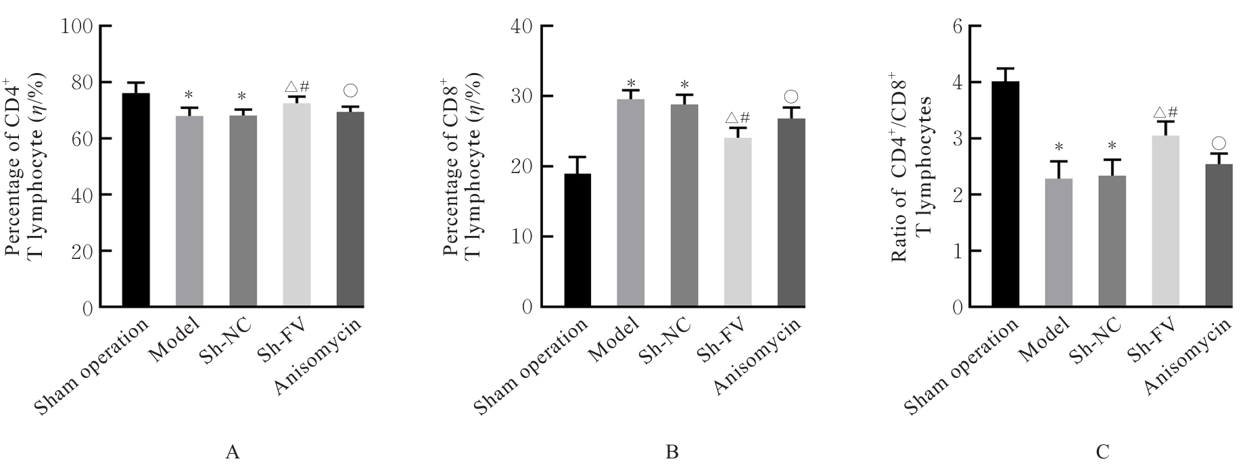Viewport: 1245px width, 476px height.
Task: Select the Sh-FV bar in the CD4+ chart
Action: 297,206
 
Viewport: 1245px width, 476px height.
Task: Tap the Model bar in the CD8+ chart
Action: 630,203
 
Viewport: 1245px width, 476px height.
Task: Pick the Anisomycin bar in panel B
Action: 791,212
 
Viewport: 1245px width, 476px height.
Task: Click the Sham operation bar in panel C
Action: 1005,194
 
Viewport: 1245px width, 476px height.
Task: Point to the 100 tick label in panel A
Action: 76,26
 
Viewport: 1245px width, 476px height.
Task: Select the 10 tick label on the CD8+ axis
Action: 527,237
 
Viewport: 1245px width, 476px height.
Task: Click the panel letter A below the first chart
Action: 232,452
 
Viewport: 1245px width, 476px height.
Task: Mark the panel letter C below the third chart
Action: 1102,452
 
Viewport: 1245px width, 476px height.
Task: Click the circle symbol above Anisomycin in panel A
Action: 350,91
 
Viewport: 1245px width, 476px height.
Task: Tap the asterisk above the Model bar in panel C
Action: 1059,147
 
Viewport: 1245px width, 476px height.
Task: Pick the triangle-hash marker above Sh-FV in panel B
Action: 737,116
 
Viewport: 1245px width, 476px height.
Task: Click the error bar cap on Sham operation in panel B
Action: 576,157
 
